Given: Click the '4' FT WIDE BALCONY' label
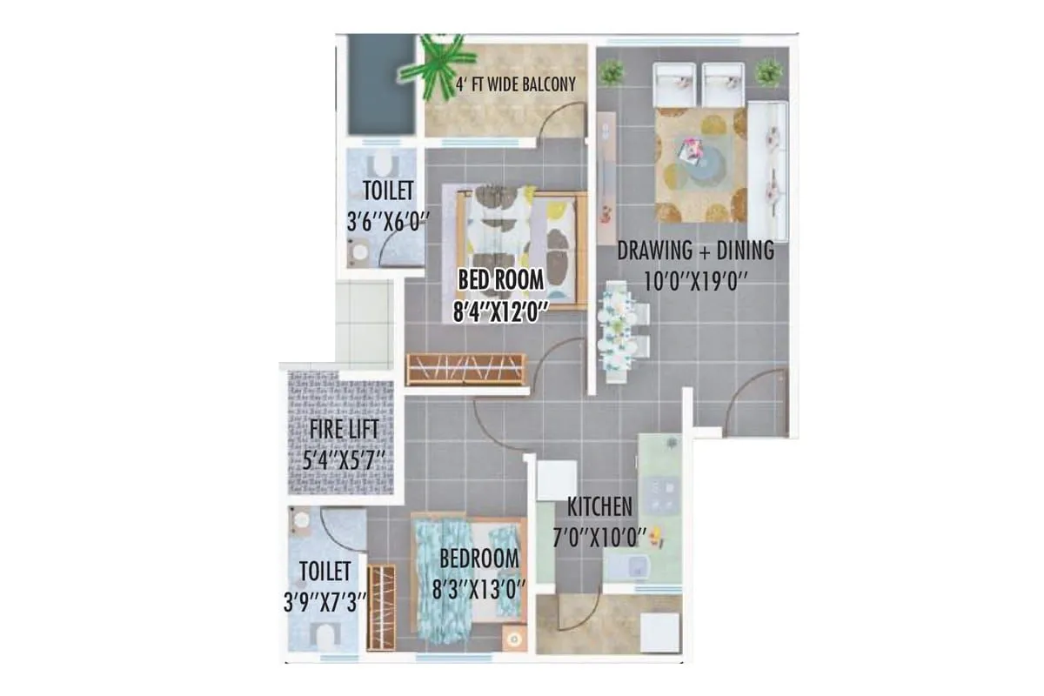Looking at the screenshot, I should [517, 84].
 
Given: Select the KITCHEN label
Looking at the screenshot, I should [599, 506].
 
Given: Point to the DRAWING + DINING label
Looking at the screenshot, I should [695, 251].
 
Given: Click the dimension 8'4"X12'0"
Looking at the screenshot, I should [499, 311].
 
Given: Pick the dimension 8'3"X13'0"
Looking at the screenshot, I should [479, 589].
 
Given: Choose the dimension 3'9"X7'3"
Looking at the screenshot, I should [325, 601].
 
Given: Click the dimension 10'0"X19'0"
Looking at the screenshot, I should [695, 281].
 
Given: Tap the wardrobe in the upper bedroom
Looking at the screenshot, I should [465, 369].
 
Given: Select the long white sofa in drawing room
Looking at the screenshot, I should [769, 170].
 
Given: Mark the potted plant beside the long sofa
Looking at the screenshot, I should [768, 72].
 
